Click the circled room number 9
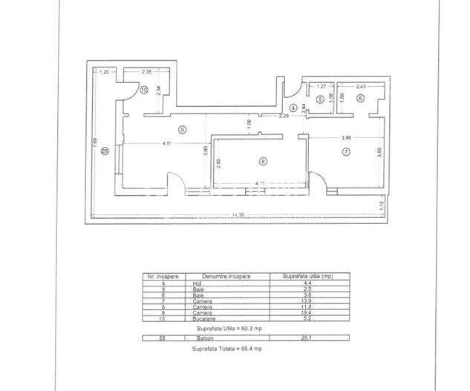(x=183, y=129)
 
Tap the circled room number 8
(x=261, y=160)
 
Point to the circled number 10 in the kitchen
(x=144, y=91)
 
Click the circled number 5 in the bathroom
(x=320, y=98)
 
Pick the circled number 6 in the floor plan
(x=360, y=98)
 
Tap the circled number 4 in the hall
(x=293, y=108)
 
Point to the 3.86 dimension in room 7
(x=346, y=138)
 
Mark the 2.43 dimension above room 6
(x=359, y=87)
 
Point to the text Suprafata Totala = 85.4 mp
(x=226, y=349)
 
